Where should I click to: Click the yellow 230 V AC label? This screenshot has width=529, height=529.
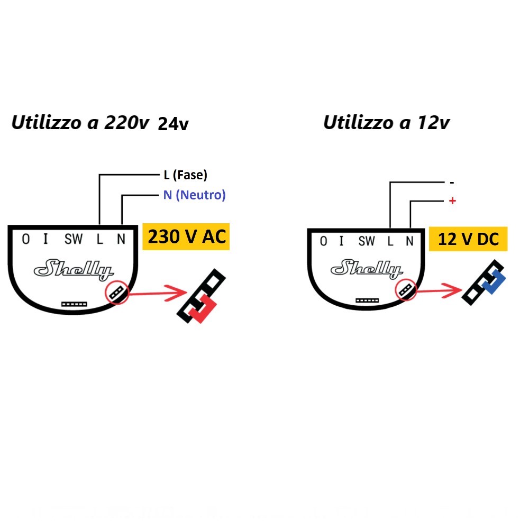[186, 236]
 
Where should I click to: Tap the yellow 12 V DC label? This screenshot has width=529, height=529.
[468, 239]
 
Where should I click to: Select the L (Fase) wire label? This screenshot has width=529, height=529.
[185, 175]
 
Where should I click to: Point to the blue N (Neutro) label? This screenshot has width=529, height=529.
[194, 195]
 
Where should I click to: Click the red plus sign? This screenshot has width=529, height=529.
[452, 202]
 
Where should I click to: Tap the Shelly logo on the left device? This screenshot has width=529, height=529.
[74, 270]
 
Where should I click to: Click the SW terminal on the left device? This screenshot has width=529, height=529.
[74, 240]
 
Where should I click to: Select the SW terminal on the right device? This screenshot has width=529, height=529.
[366, 242]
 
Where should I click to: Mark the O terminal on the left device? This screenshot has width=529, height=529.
[25, 240]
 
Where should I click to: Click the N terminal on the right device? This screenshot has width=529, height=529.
[409, 242]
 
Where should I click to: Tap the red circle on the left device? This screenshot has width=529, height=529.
[117, 292]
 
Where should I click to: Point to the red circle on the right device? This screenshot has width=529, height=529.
[406, 289]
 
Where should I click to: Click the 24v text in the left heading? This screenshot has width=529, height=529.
[174, 124]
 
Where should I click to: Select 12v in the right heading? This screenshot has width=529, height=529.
[434, 123]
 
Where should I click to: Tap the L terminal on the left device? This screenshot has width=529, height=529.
[99, 240]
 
